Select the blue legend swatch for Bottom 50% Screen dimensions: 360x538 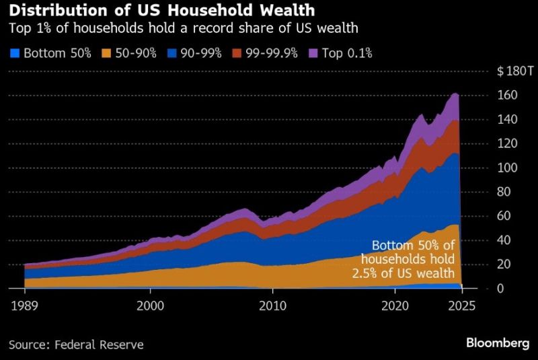point(15,52)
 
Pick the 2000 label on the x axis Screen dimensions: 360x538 point(150,305)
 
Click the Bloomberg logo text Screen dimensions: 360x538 point(498,343)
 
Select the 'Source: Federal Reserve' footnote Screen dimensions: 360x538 point(76,345)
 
